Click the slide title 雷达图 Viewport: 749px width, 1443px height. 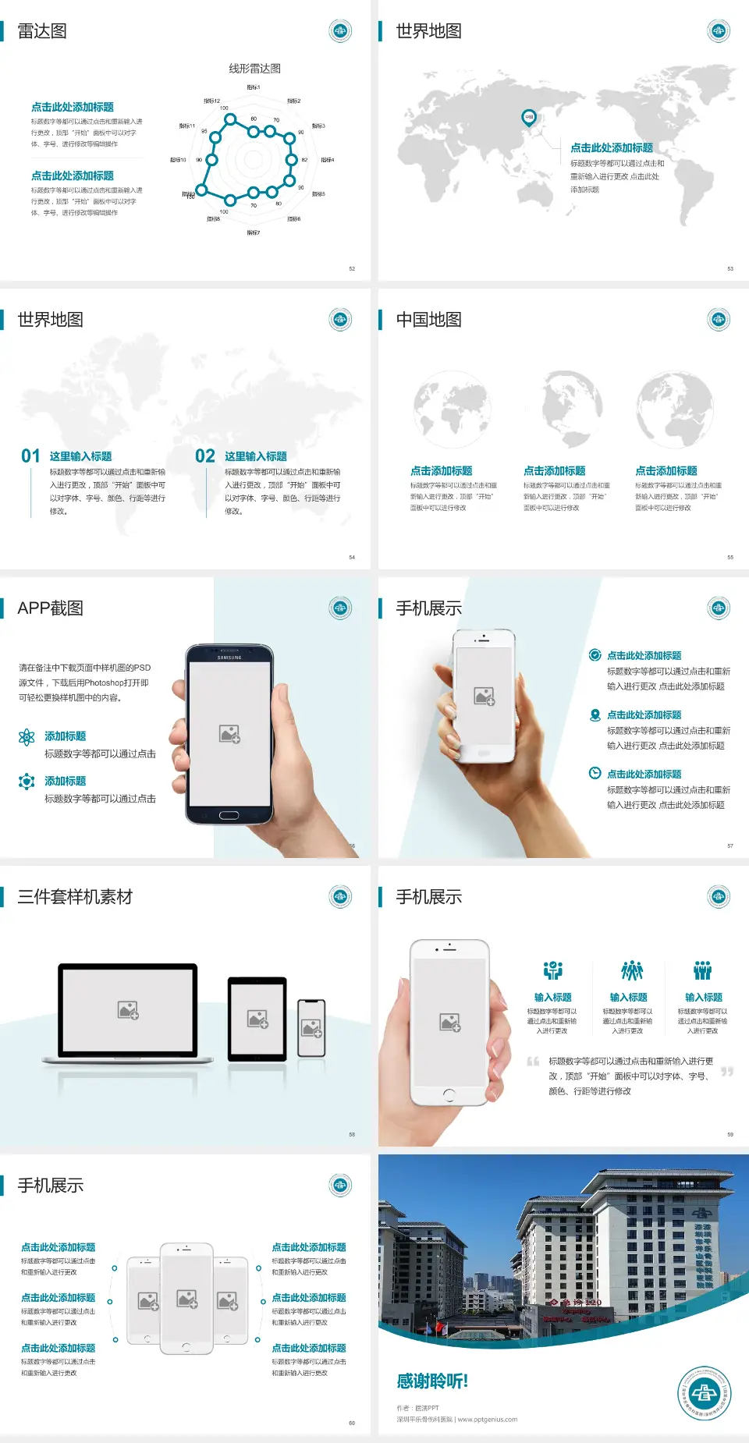tap(42, 31)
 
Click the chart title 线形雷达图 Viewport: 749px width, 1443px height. tap(254, 69)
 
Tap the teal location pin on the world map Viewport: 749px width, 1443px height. tap(528, 118)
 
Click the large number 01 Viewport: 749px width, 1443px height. tap(30, 456)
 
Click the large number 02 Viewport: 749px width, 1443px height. tap(205, 456)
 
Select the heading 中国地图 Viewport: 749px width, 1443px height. tap(428, 320)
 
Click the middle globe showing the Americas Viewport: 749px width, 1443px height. tap(563, 409)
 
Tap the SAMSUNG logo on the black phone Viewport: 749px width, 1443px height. tap(229, 658)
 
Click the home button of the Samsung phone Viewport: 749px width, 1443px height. tap(229, 815)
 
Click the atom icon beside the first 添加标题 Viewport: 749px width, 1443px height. tap(27, 737)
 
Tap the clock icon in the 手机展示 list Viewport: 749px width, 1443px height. tap(595, 773)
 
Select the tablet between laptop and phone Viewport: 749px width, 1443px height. tap(257, 1019)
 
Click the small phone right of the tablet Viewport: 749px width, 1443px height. tap(311, 1028)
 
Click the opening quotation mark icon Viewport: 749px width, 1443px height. tap(533, 1062)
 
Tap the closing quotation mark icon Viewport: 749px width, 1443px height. tap(726, 1072)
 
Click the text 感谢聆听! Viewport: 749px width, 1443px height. tap(432, 1381)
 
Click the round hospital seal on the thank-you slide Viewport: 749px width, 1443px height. tap(704, 1392)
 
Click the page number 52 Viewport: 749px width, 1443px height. tap(352, 268)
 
